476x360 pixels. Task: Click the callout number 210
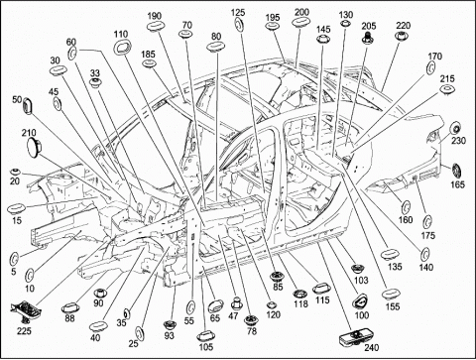(x=29, y=133)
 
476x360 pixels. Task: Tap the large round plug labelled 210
(x=34, y=147)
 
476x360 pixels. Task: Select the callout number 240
(x=372, y=348)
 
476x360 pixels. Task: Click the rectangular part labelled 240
(x=352, y=337)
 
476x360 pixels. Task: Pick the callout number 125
(x=238, y=13)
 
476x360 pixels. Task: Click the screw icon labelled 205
(x=367, y=38)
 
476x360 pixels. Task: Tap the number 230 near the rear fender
(x=459, y=141)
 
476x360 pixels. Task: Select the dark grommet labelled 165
(x=457, y=172)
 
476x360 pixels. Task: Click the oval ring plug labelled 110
(x=122, y=48)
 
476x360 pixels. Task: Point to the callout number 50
(x=17, y=99)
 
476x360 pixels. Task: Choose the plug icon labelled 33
(x=95, y=82)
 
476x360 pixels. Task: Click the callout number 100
(x=362, y=315)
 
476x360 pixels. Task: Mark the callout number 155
(x=393, y=306)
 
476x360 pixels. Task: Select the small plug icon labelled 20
(x=15, y=172)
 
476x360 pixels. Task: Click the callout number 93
(x=170, y=336)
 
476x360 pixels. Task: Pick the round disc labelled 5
(x=14, y=259)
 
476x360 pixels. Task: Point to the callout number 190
(x=154, y=16)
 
